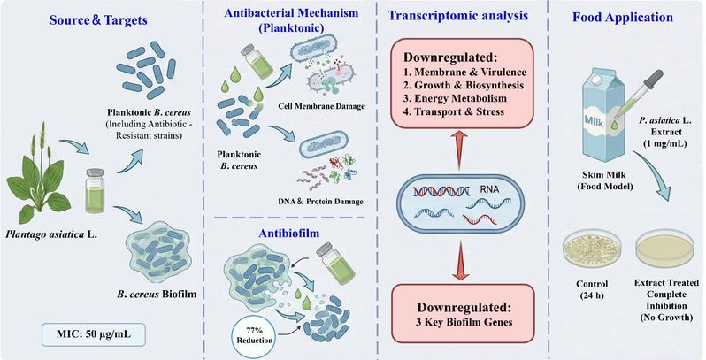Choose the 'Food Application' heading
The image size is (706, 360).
tap(619, 18)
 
